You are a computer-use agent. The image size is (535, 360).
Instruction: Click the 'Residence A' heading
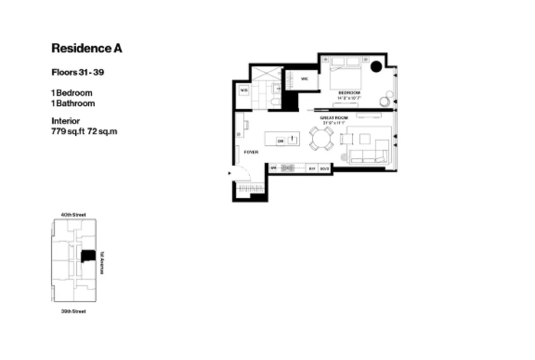click(86, 48)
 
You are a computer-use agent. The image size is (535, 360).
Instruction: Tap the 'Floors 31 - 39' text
click(78, 72)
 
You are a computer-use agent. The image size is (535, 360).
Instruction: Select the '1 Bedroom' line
click(72, 93)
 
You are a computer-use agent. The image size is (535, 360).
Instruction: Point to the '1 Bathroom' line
click(73, 103)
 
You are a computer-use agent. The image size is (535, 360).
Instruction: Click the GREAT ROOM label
click(334, 118)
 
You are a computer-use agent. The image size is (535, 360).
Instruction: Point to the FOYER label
click(251, 152)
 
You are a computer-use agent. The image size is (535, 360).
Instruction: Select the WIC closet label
click(304, 79)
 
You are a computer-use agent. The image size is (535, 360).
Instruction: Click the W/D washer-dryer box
click(244, 90)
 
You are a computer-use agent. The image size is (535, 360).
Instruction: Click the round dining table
click(321, 138)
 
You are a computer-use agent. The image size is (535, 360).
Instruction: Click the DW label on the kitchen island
click(280, 141)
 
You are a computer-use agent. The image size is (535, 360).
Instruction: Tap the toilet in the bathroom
click(274, 101)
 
